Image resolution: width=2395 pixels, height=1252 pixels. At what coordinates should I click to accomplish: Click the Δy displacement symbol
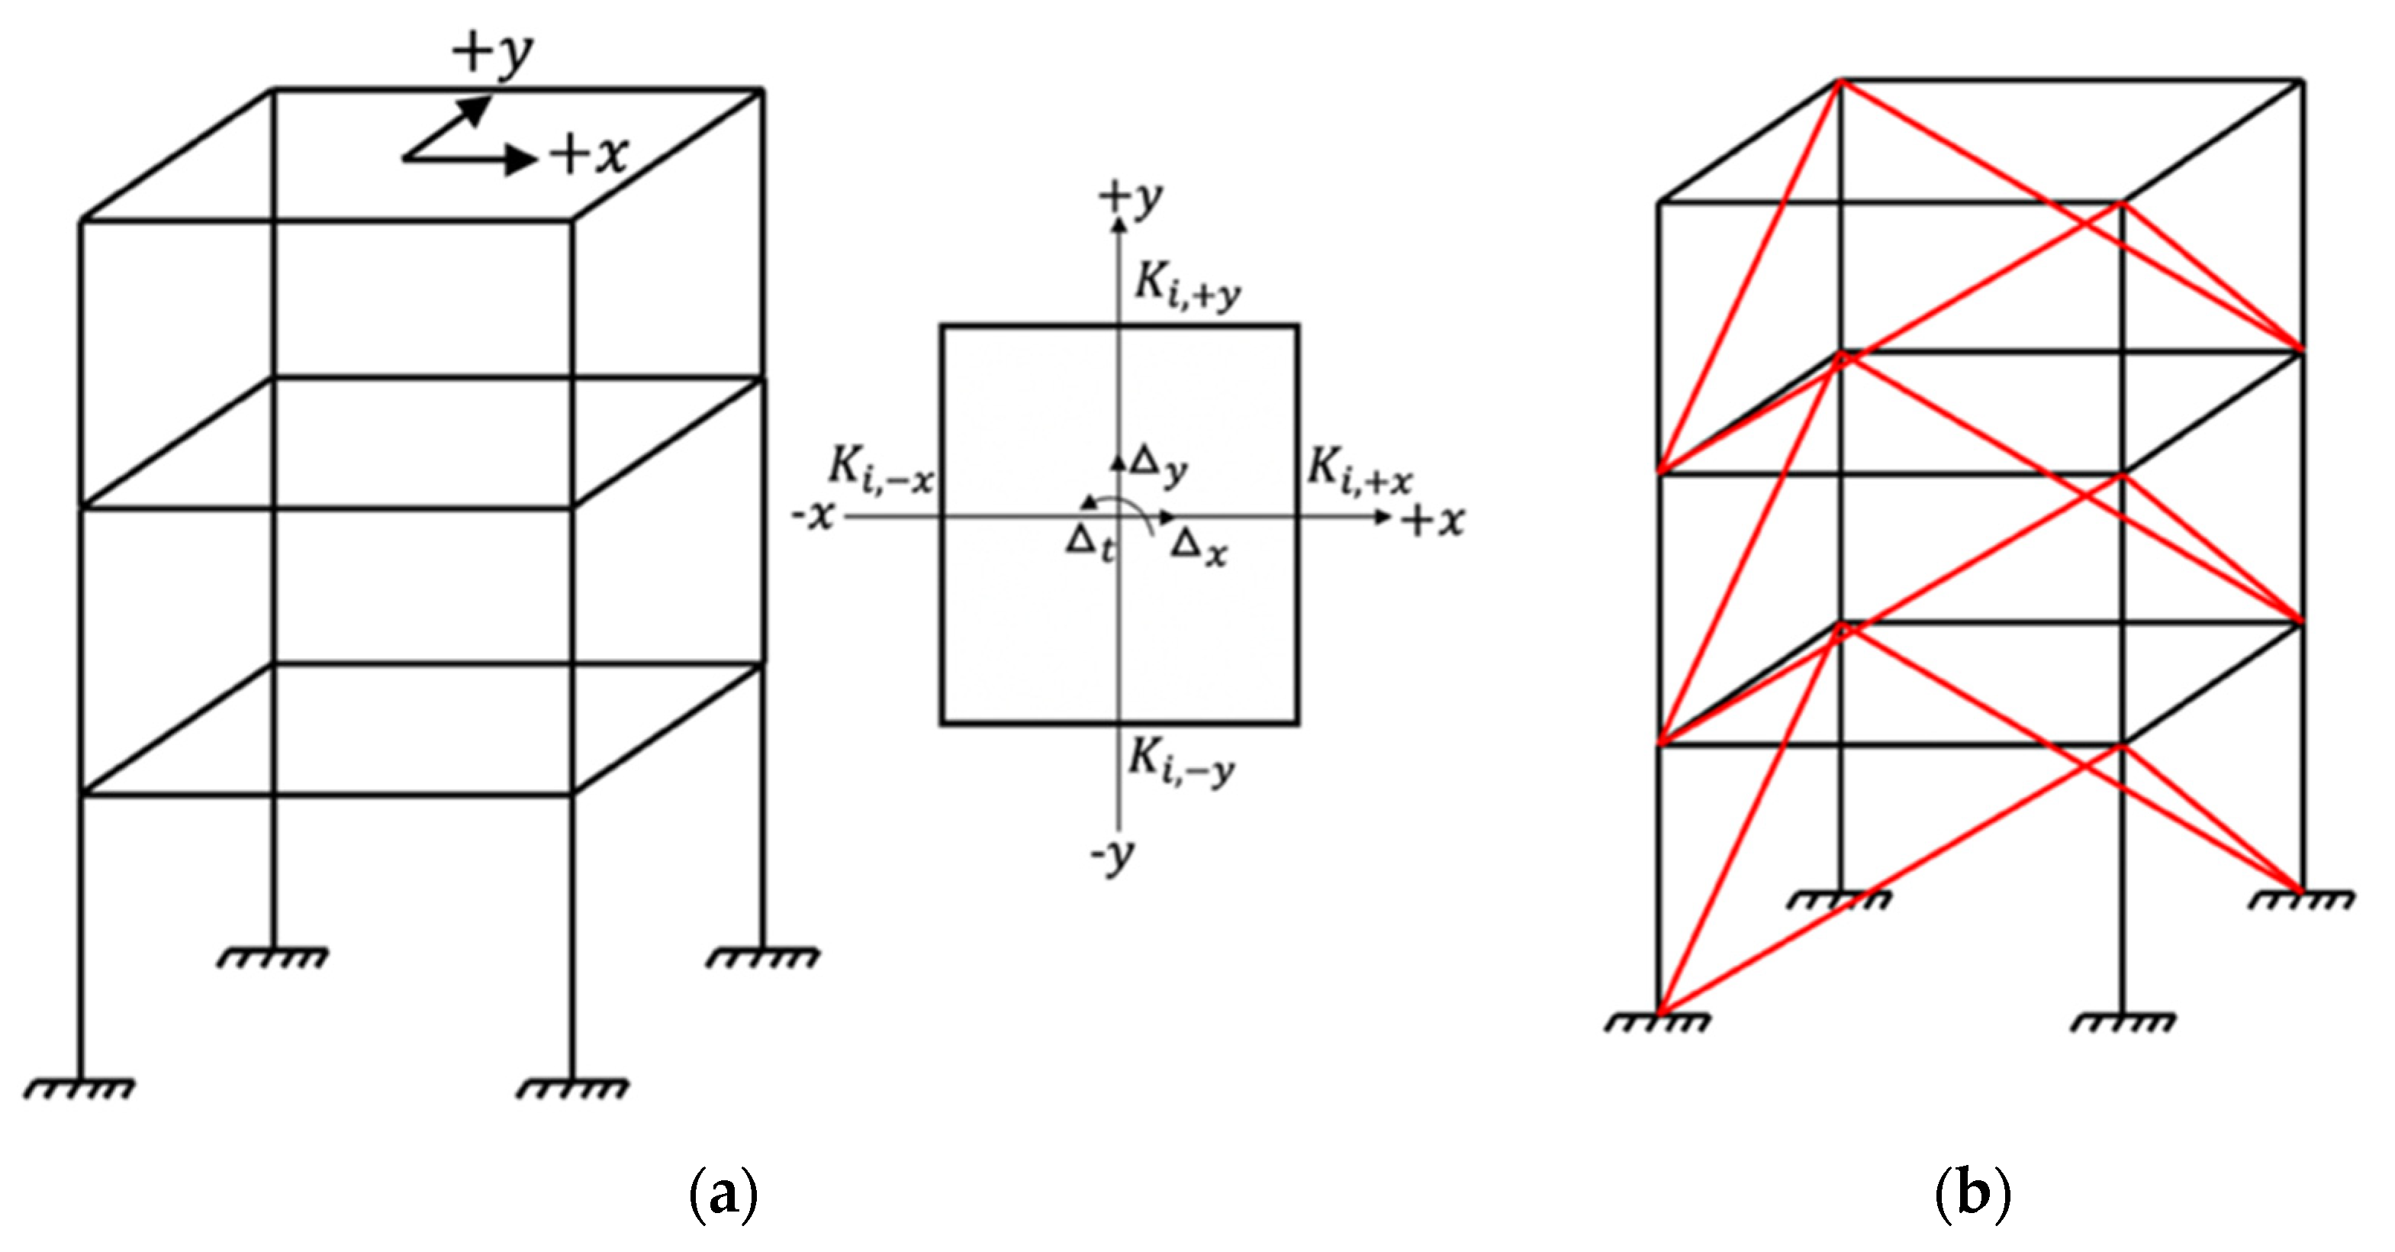[x=1158, y=465]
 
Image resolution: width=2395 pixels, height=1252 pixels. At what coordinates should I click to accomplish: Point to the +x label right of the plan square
[x=1433, y=520]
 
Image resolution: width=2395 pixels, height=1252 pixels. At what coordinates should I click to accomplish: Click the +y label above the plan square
[x=1131, y=198]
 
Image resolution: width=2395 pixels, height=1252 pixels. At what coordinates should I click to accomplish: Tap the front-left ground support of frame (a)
[x=80, y=1086]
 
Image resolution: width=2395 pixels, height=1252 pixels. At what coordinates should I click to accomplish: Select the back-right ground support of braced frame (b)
[x=2302, y=899]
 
